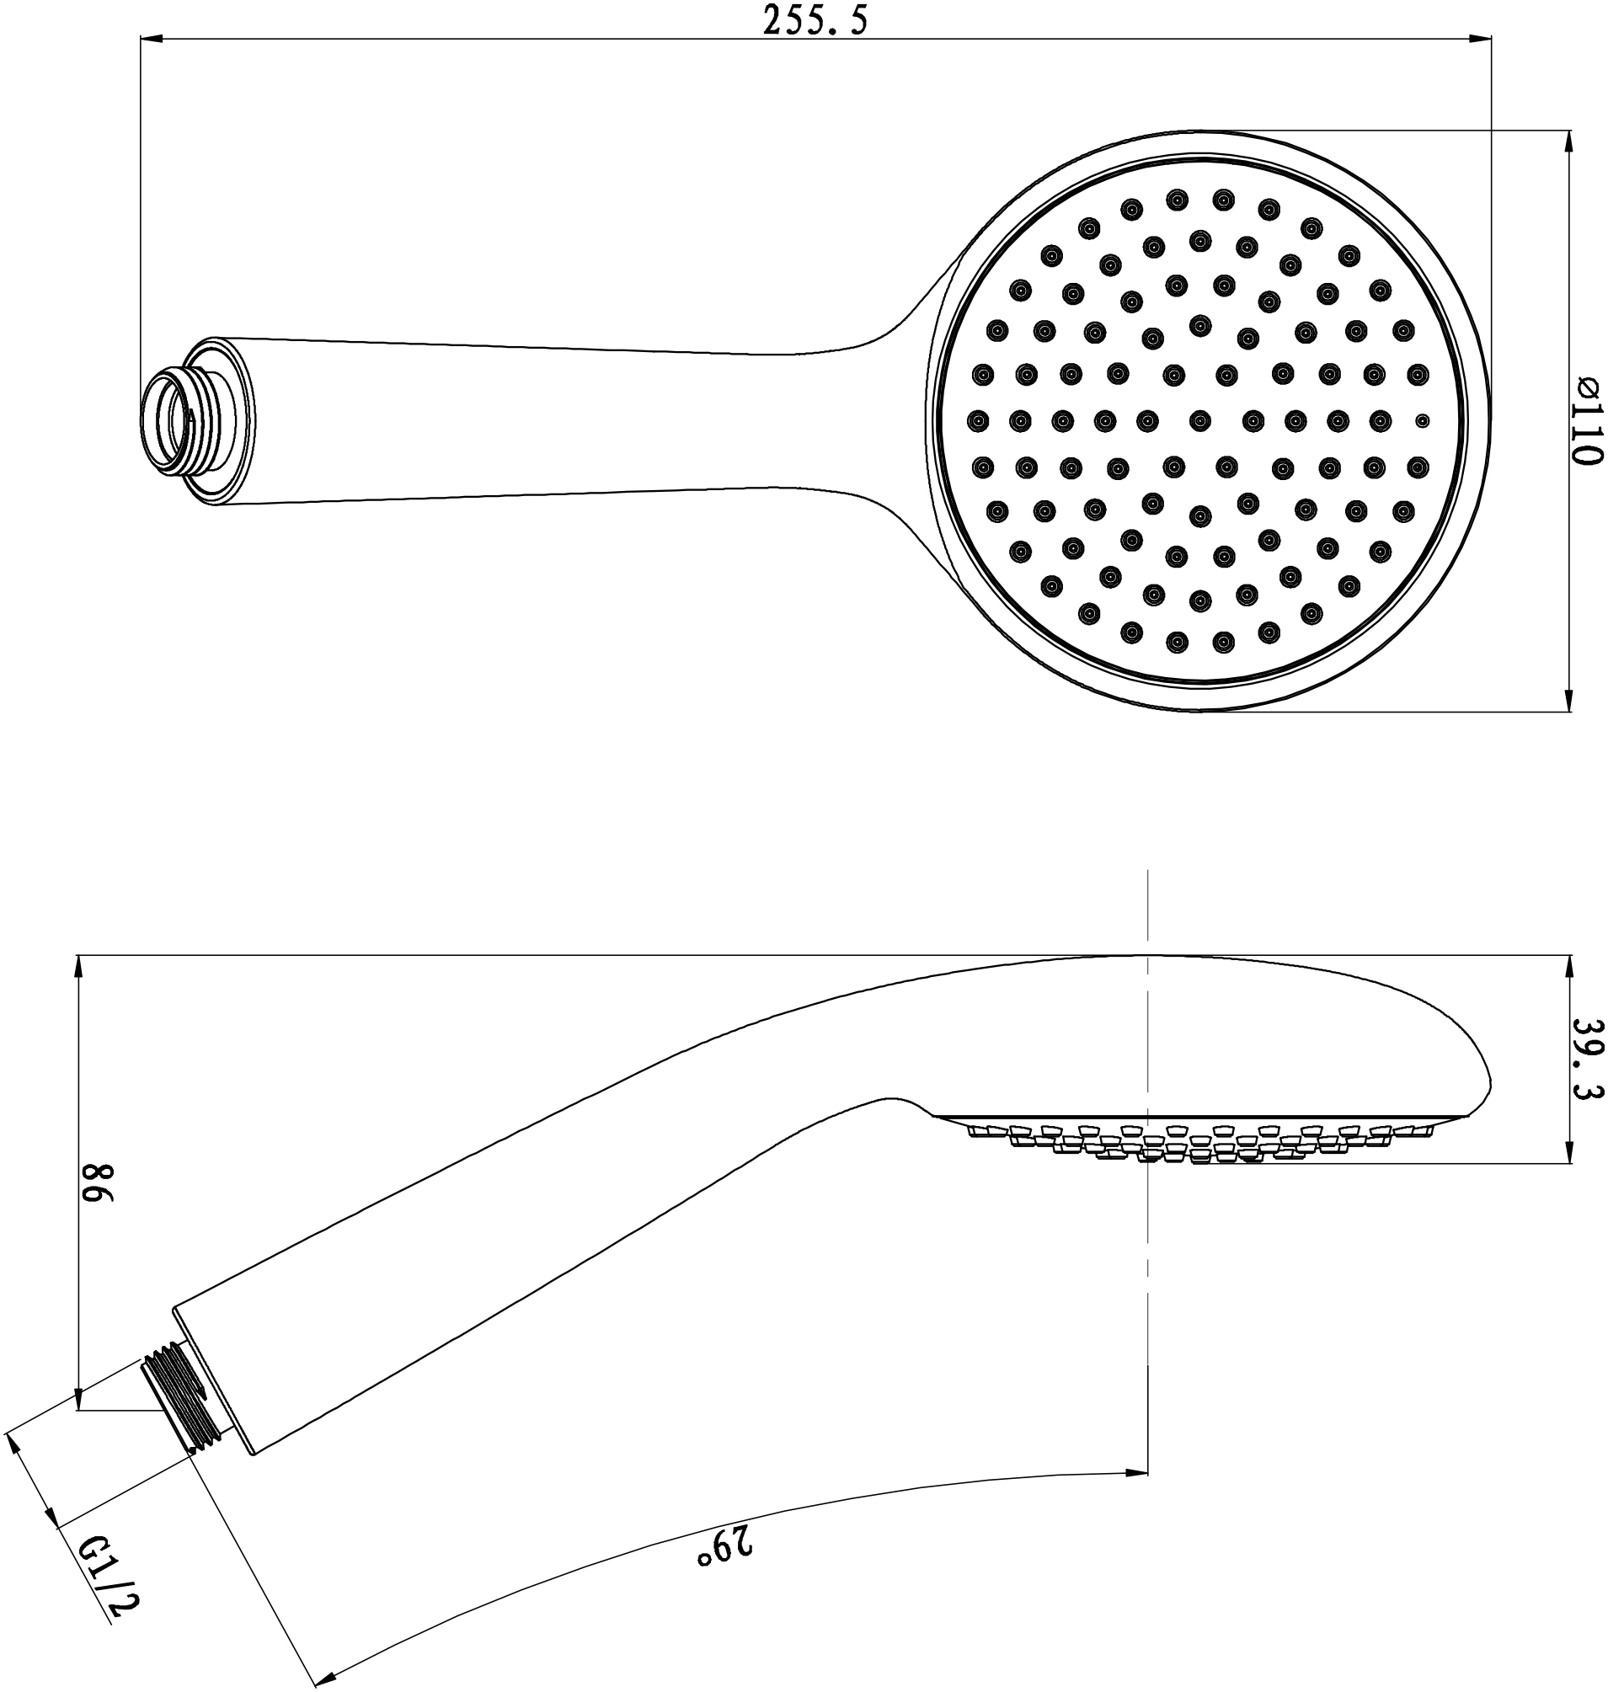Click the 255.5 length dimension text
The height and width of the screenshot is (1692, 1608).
coord(815,22)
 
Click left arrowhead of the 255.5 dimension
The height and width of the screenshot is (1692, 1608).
coord(151,39)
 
